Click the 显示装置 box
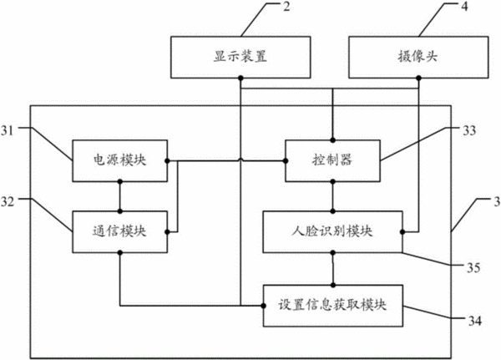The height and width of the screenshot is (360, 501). pyautogui.click(x=240, y=58)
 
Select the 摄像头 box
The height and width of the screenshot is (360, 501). pyautogui.click(x=418, y=58)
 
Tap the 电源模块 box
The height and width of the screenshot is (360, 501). pyautogui.click(x=119, y=161)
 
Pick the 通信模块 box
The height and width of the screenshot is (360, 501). pyautogui.click(x=119, y=232)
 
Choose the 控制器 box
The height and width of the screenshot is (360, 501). pyautogui.click(x=332, y=161)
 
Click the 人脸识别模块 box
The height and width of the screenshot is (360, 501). pyautogui.click(x=332, y=232)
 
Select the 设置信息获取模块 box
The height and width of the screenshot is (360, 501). pyautogui.click(x=332, y=306)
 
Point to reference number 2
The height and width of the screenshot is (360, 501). pyautogui.click(x=286, y=7)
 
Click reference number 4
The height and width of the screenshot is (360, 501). pyautogui.click(x=464, y=7)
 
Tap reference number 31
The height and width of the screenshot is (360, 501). pyautogui.click(x=8, y=130)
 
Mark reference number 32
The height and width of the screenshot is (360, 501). pyautogui.click(x=8, y=202)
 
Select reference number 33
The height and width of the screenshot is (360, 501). pyautogui.click(x=469, y=130)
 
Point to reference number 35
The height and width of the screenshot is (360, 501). pyautogui.click(x=473, y=267)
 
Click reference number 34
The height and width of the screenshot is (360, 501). pyautogui.click(x=475, y=321)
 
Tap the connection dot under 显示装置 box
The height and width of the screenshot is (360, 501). pyautogui.click(x=240, y=78)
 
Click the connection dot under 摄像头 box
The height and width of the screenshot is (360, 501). pyautogui.click(x=418, y=78)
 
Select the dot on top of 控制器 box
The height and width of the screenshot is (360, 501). pyautogui.click(x=332, y=140)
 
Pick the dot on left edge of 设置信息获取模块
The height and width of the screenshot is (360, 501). pyautogui.click(x=263, y=306)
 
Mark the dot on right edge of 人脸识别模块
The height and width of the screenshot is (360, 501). pyautogui.click(x=402, y=232)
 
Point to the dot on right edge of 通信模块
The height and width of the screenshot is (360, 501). pyautogui.click(x=167, y=232)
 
